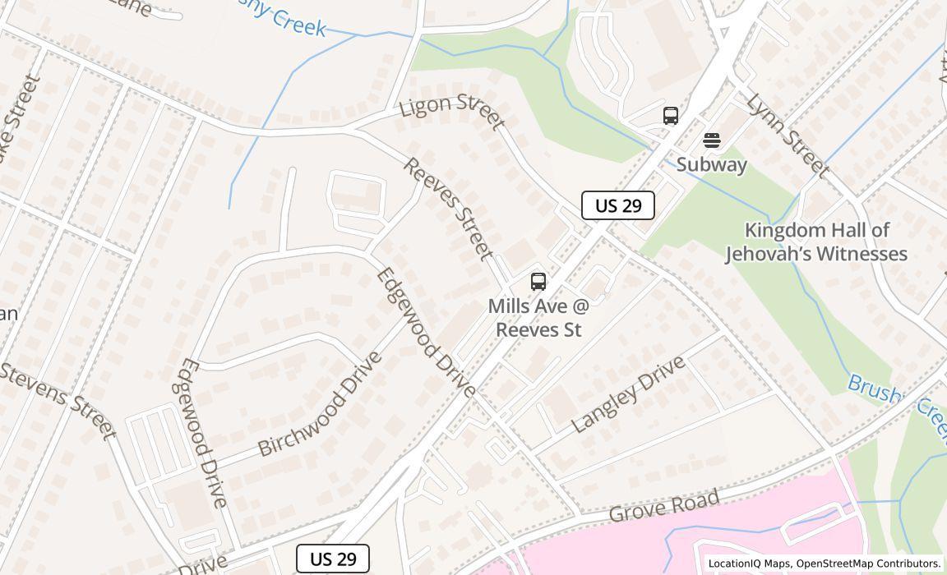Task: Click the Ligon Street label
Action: (x=451, y=112)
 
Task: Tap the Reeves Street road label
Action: (x=449, y=209)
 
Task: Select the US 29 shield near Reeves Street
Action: (x=617, y=205)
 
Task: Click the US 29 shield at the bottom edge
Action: (x=333, y=559)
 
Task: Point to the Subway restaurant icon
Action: (x=712, y=140)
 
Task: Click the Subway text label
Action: (x=712, y=164)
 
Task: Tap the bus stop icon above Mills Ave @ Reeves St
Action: (x=538, y=282)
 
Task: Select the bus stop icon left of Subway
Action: (x=671, y=116)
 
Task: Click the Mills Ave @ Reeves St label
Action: (x=538, y=318)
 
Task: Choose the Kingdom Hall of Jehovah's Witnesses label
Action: (x=816, y=241)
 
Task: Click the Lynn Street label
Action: (x=787, y=136)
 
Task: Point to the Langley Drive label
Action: (x=629, y=394)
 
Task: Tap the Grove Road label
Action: (x=665, y=505)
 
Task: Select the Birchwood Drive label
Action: (x=320, y=404)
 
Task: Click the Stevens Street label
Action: (x=58, y=400)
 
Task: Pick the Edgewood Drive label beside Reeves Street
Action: (x=425, y=333)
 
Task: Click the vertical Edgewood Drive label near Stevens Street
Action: (x=201, y=432)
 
